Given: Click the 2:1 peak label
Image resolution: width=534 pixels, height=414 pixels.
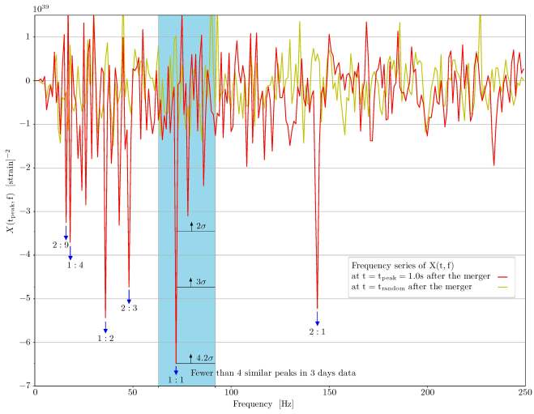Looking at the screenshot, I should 317,331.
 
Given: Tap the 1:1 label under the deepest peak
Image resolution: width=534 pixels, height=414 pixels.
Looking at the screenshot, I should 175,379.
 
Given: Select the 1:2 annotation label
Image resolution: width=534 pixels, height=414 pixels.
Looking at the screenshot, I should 105,338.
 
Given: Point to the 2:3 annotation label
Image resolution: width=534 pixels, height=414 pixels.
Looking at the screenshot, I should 129,308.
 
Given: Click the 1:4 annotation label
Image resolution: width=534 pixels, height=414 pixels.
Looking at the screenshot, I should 75,265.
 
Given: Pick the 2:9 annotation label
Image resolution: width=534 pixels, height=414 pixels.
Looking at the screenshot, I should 60,244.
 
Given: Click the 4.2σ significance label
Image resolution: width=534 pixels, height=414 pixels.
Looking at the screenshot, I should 204,357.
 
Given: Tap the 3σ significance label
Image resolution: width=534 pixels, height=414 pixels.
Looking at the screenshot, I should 202,281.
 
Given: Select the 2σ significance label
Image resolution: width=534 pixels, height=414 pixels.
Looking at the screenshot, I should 202,225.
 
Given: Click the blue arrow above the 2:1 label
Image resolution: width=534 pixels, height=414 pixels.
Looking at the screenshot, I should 317,318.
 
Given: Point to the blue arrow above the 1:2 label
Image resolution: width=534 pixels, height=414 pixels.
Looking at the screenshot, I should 105,326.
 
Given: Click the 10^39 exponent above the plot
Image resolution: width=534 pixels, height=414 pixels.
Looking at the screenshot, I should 42,7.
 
